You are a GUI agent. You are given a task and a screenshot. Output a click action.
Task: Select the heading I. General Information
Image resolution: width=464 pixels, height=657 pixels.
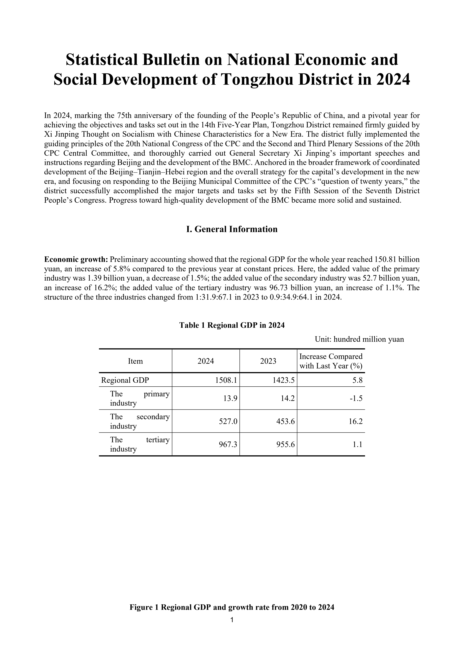click(232, 229)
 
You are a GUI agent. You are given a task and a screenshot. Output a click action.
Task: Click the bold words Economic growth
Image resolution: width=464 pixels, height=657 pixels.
click(76, 260)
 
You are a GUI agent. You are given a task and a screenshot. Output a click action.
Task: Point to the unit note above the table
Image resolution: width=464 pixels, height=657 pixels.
click(359, 339)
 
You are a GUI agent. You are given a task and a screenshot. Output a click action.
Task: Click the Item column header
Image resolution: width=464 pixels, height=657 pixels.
click(135, 361)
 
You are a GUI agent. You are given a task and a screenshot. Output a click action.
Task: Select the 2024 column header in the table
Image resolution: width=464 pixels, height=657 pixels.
click(206, 361)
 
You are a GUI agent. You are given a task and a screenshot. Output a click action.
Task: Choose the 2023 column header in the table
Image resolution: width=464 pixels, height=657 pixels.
click(268, 361)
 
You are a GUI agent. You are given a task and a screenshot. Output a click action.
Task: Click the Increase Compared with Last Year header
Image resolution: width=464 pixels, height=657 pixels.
click(331, 361)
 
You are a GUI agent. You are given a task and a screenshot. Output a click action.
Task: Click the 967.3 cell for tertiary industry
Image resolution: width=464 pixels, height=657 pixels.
click(228, 444)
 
